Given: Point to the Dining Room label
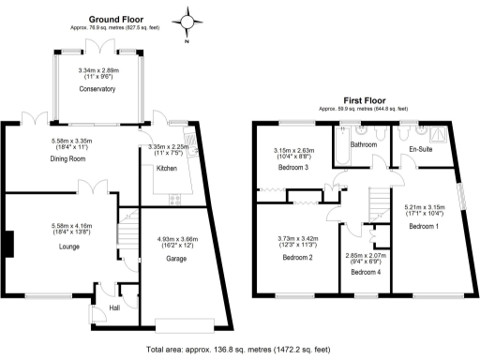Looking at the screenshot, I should click(68, 159).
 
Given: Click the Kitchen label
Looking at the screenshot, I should click(166, 167).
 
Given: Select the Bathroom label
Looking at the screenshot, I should click(363, 146).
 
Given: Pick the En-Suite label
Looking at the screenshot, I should click(420, 148).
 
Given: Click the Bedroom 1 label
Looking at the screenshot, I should click(424, 227).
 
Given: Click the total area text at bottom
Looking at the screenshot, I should click(239, 349).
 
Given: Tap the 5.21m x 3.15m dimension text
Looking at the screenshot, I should click(424, 211).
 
